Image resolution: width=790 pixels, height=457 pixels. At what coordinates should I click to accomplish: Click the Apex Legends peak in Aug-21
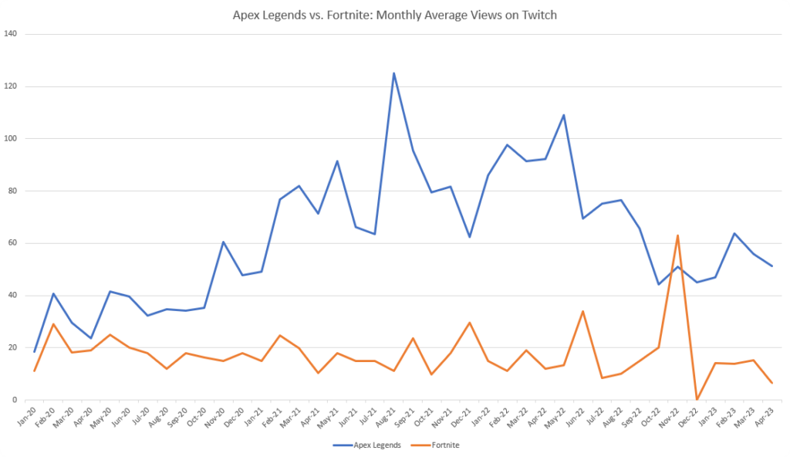[393, 73]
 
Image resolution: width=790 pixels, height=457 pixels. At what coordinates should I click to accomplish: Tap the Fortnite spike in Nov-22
[677, 235]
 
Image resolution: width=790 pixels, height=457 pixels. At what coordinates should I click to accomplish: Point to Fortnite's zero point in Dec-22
[697, 399]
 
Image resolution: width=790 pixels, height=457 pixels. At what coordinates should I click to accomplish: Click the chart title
[395, 15]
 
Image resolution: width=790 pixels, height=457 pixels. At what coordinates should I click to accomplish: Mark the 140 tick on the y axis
[11, 35]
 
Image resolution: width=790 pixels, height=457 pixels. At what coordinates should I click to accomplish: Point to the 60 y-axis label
[13, 243]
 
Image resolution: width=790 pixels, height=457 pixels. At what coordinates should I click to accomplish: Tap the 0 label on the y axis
[15, 400]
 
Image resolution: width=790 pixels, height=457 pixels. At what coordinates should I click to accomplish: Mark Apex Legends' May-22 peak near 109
[564, 115]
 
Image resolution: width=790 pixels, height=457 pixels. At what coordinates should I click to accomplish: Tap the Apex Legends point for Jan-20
[34, 352]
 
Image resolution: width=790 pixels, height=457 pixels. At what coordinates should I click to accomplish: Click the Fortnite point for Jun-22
[582, 311]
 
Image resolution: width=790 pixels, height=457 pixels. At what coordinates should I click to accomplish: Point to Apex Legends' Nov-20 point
[223, 242]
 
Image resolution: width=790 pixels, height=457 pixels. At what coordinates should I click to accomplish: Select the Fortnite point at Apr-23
[772, 383]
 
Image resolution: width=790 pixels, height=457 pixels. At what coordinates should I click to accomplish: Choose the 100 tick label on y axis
[11, 139]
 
